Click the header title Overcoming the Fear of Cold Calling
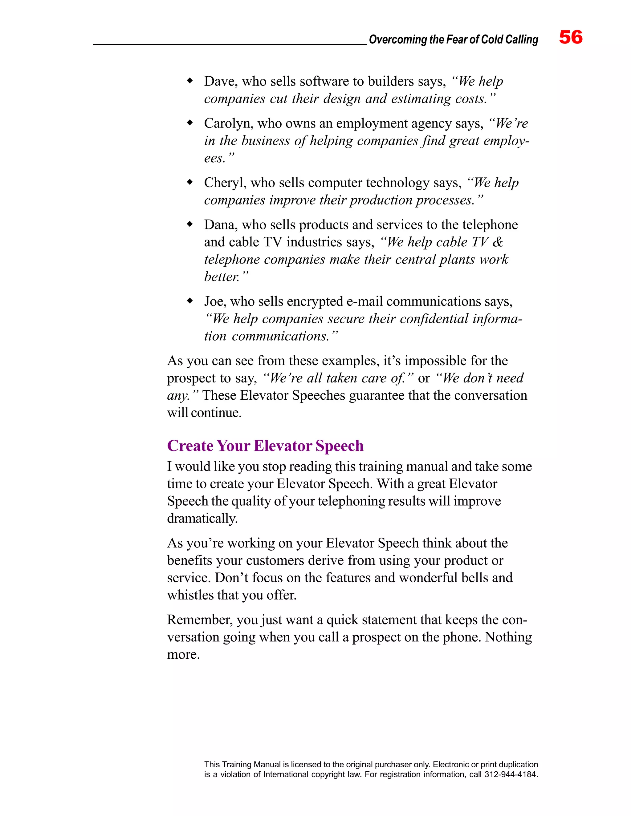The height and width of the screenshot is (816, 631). pos(454,40)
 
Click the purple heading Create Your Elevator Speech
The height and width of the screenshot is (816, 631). pos(265,446)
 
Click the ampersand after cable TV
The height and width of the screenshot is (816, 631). pos(497,242)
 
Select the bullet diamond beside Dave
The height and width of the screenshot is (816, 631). pos(190,80)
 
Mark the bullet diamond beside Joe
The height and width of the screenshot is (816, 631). pos(190,301)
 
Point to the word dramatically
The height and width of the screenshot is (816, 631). pos(202,519)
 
